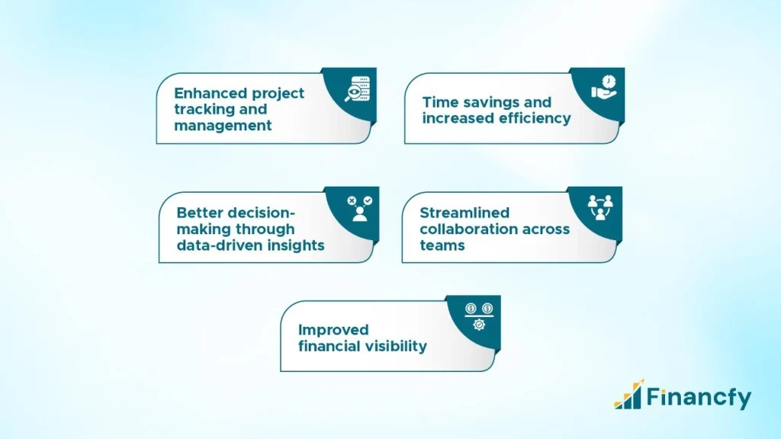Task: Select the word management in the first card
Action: click(x=223, y=126)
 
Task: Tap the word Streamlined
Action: click(x=464, y=213)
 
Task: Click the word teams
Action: click(x=442, y=245)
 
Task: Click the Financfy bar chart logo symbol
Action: click(x=628, y=395)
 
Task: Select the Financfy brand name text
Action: click(x=699, y=397)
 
